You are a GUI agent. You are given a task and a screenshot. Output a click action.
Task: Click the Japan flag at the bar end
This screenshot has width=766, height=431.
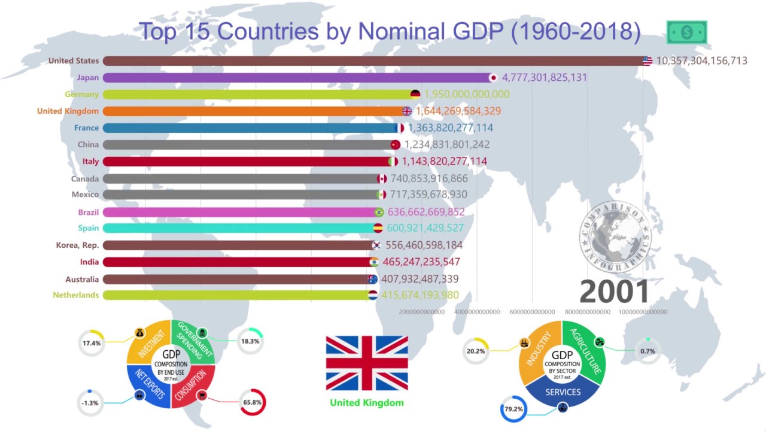click(493, 78)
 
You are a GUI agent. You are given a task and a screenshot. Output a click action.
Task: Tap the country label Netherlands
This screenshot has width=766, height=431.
click(76, 295)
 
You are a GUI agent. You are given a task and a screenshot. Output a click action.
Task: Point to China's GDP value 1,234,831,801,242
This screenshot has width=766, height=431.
click(447, 144)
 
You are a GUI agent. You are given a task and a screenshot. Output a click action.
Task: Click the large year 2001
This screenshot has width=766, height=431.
click(615, 292)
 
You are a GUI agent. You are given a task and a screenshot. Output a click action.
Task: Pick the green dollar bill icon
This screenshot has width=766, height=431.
click(687, 32)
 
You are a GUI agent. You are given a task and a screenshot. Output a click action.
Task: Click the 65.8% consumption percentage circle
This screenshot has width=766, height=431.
click(252, 402)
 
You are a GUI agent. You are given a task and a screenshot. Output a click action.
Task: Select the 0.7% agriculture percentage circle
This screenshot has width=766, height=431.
click(648, 351)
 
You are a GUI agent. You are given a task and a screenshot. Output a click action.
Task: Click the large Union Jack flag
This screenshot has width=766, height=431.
click(367, 363)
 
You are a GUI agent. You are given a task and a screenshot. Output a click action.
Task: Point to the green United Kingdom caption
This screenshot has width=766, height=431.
click(367, 403)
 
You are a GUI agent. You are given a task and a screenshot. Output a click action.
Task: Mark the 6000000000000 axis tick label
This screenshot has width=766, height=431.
click(533, 312)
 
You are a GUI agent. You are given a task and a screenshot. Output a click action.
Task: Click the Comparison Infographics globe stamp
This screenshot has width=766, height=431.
click(615, 236)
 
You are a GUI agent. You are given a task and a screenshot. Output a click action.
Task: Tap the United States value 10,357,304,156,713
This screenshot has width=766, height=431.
click(701, 61)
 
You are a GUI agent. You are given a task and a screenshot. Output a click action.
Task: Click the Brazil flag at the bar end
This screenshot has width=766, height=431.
click(379, 212)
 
